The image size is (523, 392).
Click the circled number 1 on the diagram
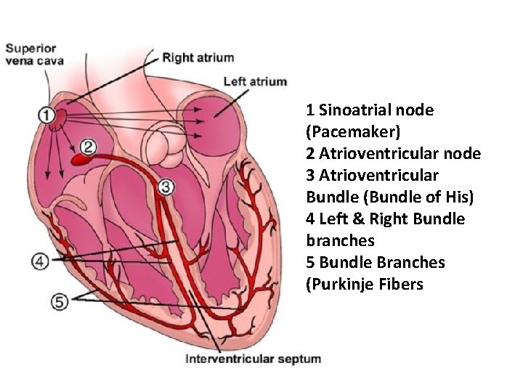[46, 115]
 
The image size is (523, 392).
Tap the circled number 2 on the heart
[88, 147]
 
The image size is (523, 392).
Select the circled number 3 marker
[166, 187]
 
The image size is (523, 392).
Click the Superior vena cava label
[32, 54]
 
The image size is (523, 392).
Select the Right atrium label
[198, 57]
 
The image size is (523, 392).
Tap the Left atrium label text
[255, 81]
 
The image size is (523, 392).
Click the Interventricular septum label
[254, 359]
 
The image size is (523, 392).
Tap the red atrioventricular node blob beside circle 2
[77, 158]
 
